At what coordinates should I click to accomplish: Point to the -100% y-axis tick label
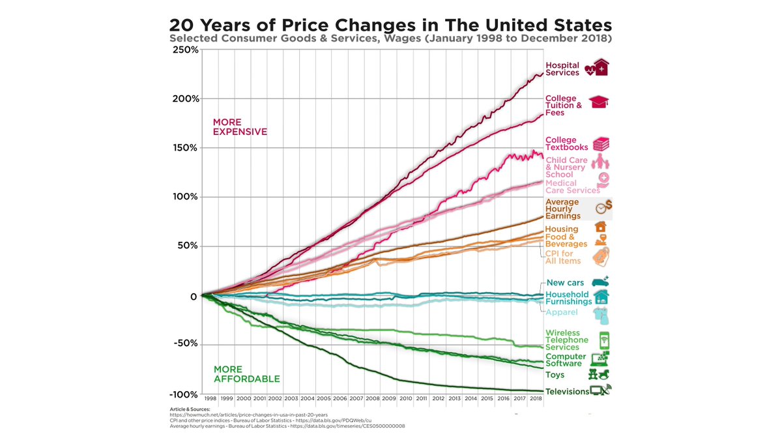182,394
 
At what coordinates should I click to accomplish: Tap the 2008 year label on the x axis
372,398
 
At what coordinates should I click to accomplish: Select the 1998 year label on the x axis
210,398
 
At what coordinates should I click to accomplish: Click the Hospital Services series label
562,69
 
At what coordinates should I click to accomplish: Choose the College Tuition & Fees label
564,106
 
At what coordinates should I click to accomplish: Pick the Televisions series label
567,392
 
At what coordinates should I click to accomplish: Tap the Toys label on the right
555,375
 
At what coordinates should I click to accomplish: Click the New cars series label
565,283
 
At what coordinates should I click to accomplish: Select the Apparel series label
562,313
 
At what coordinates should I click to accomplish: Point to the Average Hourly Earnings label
562,209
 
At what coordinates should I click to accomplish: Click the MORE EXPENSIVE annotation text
240,127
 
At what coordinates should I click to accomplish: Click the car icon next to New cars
600,282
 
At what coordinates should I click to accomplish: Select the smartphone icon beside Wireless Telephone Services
603,340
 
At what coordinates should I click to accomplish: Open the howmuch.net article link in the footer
248,415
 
